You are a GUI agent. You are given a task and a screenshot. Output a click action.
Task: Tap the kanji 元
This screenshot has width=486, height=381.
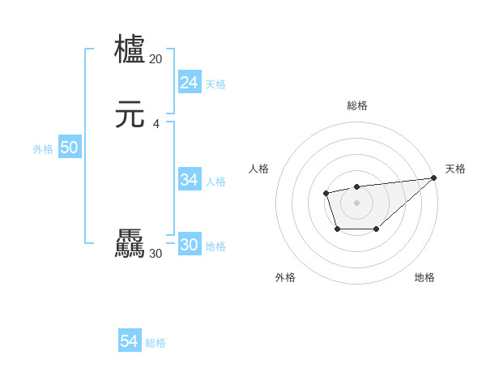pyautogui.click(x=130, y=115)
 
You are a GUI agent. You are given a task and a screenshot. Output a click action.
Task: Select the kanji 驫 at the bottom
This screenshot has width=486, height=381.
pyautogui.click(x=130, y=244)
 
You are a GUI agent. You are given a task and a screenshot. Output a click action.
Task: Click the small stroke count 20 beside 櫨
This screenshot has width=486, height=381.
pyautogui.click(x=156, y=58)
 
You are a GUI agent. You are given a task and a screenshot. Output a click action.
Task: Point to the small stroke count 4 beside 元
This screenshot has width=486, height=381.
pyautogui.click(x=156, y=123)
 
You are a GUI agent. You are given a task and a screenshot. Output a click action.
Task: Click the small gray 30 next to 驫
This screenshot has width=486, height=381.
pyautogui.click(x=156, y=254)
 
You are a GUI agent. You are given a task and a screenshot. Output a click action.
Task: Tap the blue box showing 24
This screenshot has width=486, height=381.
pyautogui.click(x=189, y=83)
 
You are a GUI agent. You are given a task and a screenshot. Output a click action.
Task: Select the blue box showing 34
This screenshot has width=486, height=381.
pyautogui.click(x=189, y=180)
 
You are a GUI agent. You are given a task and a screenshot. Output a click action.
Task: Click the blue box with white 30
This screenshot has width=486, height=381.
pyautogui.click(x=189, y=245)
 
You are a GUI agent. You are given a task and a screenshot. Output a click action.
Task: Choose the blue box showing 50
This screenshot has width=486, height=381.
pyautogui.click(x=69, y=148)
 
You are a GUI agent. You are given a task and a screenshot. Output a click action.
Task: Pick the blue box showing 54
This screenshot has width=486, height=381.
pyautogui.click(x=129, y=342)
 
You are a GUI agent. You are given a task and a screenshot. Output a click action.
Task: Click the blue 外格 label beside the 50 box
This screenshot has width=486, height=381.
pyautogui.click(x=43, y=149)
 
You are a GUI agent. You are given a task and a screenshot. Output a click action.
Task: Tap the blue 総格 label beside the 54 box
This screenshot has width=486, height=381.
pyautogui.click(x=156, y=343)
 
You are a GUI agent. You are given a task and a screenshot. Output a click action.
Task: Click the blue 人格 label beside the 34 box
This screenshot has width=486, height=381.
pyautogui.click(x=215, y=182)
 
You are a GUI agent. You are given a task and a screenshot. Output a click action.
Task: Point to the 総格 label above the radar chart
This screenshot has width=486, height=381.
pyautogui.click(x=356, y=105)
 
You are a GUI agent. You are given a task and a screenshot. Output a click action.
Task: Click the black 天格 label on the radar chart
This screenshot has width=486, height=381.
pyautogui.click(x=455, y=169)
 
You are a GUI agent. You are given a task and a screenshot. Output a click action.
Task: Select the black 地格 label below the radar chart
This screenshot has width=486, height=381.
pyautogui.click(x=424, y=277)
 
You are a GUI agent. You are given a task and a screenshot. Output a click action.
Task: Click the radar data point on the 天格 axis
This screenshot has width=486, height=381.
pyautogui.click(x=434, y=178)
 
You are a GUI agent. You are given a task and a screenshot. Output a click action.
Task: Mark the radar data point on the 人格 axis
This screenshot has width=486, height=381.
pyautogui.click(x=326, y=193)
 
